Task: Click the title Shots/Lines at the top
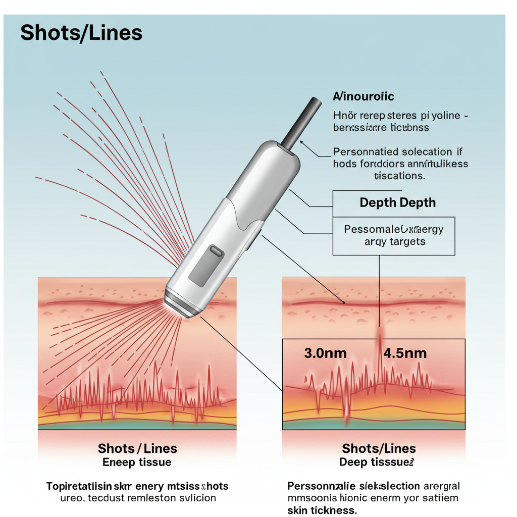tap(81, 33)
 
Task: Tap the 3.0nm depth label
tap(326, 353)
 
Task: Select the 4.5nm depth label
tap(405, 353)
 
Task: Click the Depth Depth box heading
tap(397, 203)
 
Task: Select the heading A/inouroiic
tap(364, 96)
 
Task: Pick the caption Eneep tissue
tap(137, 462)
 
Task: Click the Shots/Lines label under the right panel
tap(379, 448)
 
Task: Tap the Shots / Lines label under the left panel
tap(137, 448)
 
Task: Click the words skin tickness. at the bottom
tap(322, 510)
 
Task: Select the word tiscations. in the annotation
tap(399, 176)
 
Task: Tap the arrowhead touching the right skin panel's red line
tap(344, 302)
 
